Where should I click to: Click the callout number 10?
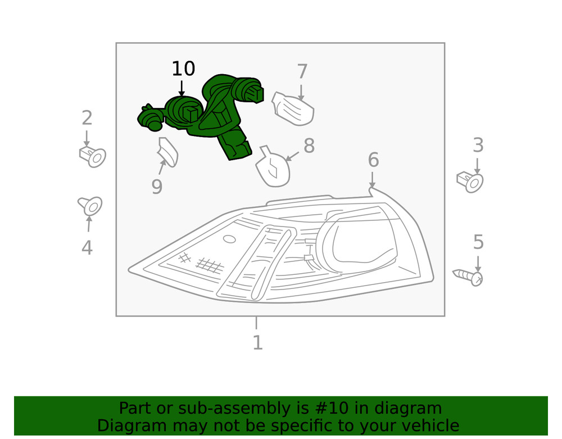click(183, 69)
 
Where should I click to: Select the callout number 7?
click(302, 72)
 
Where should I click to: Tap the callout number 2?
click(87, 118)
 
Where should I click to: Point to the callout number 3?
click(478, 146)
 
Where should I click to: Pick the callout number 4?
click(87, 247)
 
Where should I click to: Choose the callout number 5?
click(478, 242)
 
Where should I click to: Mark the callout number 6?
click(373, 160)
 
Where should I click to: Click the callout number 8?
click(309, 146)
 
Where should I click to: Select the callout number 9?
click(157, 187)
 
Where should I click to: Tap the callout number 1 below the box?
click(257, 342)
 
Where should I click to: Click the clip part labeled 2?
click(93, 156)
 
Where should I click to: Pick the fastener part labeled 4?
click(90, 206)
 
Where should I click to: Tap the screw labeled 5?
click(469, 277)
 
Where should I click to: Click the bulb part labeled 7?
click(293, 109)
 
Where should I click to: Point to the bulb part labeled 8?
click(273, 168)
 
